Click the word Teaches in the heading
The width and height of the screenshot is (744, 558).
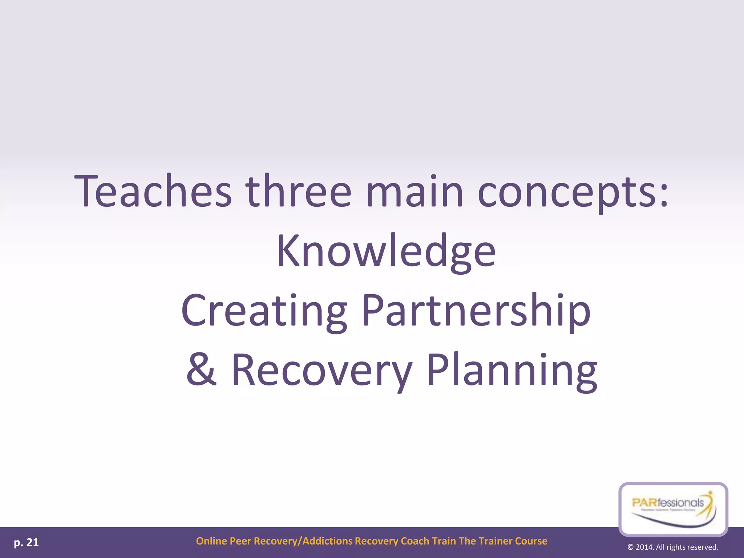pos(153,191)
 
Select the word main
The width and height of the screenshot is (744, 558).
pos(415,191)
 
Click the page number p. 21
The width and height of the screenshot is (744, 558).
pos(26,543)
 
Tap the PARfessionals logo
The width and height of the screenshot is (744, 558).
pos(673,509)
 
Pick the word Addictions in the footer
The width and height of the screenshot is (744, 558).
pos(327,541)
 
